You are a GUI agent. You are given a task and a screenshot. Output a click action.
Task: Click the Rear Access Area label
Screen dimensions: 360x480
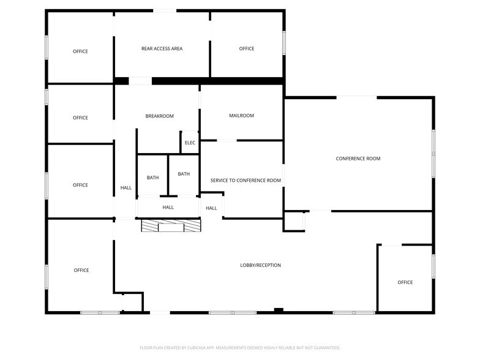(x=162, y=48)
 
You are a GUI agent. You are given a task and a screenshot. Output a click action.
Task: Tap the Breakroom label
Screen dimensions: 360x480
(x=159, y=116)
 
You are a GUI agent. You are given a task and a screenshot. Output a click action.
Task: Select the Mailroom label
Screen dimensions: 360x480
(x=241, y=115)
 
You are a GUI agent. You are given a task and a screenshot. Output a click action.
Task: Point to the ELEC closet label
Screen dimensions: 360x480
(x=190, y=143)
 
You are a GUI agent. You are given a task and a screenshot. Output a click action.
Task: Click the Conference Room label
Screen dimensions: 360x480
(x=358, y=159)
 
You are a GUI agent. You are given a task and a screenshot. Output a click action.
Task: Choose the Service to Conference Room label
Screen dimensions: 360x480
(x=246, y=181)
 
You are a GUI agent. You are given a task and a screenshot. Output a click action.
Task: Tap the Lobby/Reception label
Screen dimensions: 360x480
(x=260, y=265)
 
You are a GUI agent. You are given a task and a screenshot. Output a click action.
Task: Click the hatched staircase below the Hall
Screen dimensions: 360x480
(x=171, y=225)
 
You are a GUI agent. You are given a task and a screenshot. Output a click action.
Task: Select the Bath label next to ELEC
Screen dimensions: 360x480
(x=184, y=174)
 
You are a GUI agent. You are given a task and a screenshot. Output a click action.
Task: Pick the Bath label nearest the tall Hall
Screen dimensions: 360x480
(x=152, y=178)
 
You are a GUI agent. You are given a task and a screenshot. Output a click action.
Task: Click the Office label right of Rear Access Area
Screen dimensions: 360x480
(x=247, y=48)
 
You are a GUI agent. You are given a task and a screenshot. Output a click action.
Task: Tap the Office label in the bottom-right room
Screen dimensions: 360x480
(x=405, y=282)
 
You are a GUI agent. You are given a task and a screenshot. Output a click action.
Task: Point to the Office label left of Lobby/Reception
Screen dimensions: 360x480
(x=81, y=270)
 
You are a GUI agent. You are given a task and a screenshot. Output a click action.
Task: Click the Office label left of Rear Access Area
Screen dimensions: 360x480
(x=80, y=51)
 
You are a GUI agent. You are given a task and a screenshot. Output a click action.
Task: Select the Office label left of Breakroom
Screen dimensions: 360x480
(x=80, y=118)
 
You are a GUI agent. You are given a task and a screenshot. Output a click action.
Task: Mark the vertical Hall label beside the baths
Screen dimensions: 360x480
(x=126, y=188)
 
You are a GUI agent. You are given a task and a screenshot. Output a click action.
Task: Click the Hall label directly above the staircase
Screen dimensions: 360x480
(x=168, y=207)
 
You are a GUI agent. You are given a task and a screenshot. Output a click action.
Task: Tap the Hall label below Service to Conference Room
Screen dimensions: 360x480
(x=211, y=208)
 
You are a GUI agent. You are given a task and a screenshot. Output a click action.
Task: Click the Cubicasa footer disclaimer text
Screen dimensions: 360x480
(x=239, y=347)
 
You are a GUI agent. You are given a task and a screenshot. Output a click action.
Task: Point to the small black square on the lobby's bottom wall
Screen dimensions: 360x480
(x=279, y=310)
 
